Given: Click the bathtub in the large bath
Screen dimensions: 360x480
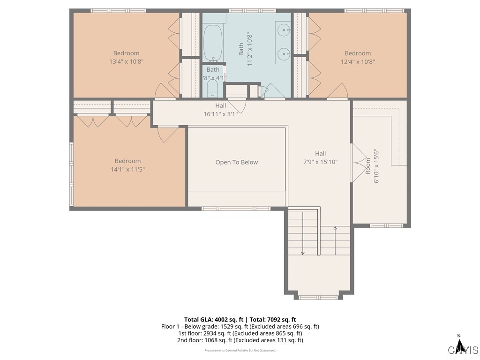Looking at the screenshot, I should pos(213,43).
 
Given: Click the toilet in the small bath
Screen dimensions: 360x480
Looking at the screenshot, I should pos(212,89).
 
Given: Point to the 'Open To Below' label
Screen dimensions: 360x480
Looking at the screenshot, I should pos(236,162).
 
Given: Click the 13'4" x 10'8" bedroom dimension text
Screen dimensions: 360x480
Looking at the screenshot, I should pos(126,61).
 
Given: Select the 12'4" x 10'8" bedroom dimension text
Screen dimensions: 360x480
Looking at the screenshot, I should pos(358,61).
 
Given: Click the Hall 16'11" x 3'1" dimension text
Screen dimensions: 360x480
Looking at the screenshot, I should pos(220,114).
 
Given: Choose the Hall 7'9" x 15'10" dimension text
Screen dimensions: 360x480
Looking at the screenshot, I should pos(320,162).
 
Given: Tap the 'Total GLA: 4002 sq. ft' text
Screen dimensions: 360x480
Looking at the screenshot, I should pos(211,319).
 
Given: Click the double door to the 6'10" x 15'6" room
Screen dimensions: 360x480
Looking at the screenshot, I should pos(359,163).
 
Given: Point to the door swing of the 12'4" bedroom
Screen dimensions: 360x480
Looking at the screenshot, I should pos(337,91).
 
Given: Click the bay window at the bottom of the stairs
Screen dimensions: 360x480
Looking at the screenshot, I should pos(318,297).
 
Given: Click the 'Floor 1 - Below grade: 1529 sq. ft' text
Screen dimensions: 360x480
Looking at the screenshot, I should pos(204,326).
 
